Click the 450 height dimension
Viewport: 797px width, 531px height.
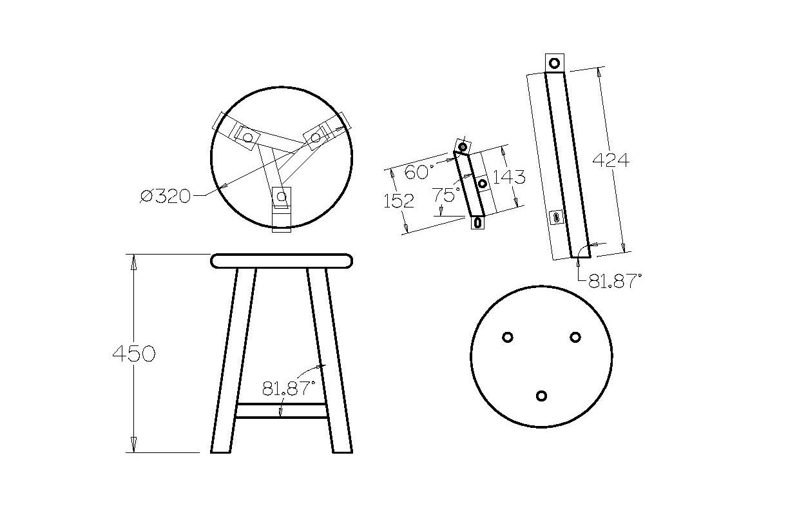click(134, 353)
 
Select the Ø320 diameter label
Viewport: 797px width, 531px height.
click(166, 197)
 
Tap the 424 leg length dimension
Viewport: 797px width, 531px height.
click(611, 160)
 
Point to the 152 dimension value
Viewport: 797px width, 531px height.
click(399, 200)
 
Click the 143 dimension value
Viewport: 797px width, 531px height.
click(509, 177)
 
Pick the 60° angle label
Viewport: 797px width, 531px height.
click(419, 172)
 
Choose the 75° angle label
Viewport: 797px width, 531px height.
click(446, 195)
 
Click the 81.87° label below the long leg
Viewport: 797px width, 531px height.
click(615, 281)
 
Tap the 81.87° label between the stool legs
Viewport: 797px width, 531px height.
click(289, 389)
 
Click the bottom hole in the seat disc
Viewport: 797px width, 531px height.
click(541, 396)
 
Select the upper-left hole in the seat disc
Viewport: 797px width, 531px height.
click(507, 336)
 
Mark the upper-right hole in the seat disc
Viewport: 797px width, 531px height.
click(575, 336)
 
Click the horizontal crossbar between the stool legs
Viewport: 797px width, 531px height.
click(281, 410)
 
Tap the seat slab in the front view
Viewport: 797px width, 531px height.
click(282, 261)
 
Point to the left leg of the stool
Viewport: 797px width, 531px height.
click(233, 360)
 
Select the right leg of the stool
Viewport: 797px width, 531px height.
click(329, 360)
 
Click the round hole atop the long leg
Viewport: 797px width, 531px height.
click(554, 63)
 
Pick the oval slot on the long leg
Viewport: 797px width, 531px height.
click(556, 217)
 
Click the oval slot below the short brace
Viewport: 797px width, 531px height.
click(478, 222)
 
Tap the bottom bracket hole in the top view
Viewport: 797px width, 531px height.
click(282, 196)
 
